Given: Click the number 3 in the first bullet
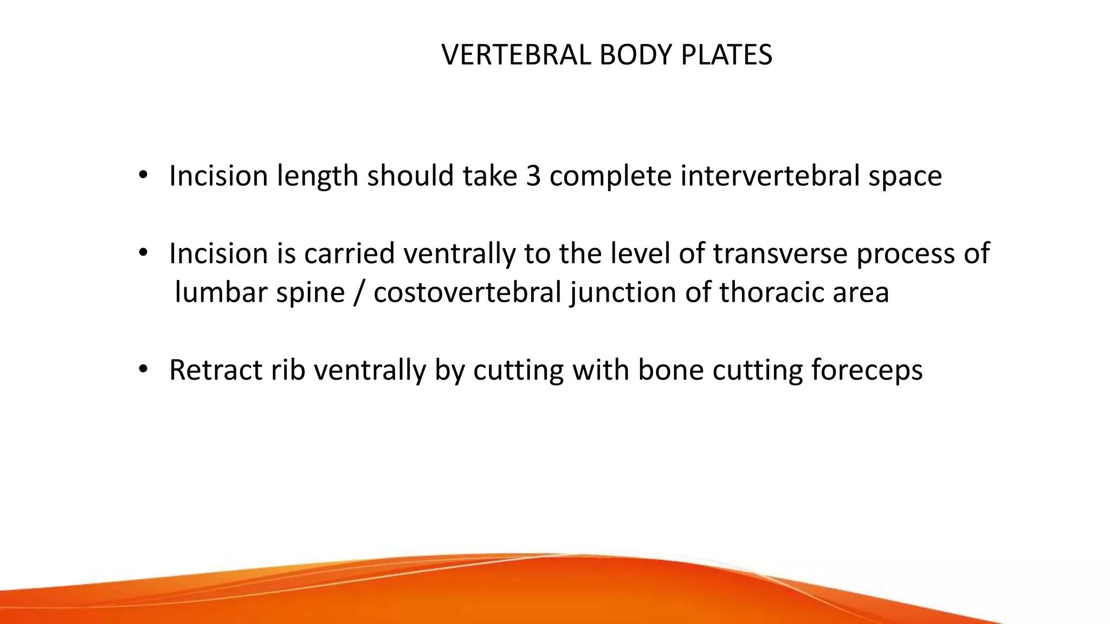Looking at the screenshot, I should pyautogui.click(x=533, y=176).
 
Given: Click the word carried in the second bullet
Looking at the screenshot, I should pyautogui.click(x=349, y=253).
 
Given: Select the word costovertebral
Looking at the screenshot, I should pyautogui.click(x=467, y=292).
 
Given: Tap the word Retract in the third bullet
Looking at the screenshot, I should pyautogui.click(x=216, y=370).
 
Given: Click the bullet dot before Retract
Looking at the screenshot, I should pyautogui.click(x=143, y=370).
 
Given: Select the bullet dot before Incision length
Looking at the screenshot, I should pyautogui.click(x=143, y=175).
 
